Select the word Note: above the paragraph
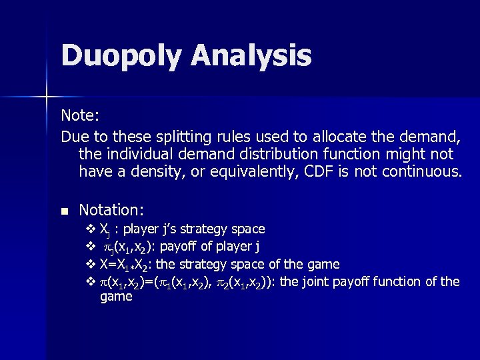coord(81,115)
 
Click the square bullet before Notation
coord(65,211)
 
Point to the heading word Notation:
coord(111,210)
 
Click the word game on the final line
coord(116,297)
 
